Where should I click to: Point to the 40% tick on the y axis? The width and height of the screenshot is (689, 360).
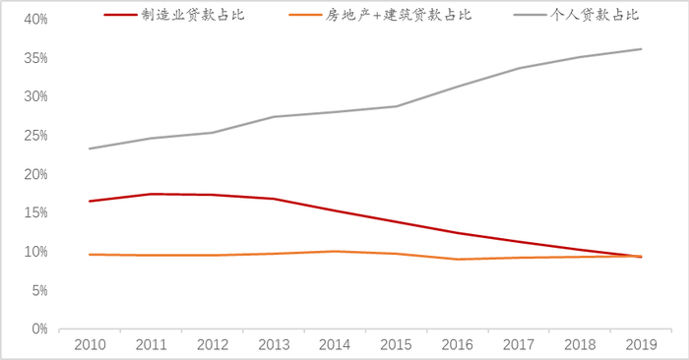pyautogui.click(x=35, y=20)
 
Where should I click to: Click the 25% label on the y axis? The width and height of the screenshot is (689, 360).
pyautogui.click(x=35, y=136)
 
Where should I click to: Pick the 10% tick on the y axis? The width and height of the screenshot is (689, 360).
pyautogui.click(x=35, y=252)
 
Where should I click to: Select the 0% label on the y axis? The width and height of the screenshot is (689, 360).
pyautogui.click(x=39, y=330)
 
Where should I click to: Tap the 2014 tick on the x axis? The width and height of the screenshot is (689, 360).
pyautogui.click(x=335, y=345)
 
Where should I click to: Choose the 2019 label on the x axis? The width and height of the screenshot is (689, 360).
pyautogui.click(x=642, y=345)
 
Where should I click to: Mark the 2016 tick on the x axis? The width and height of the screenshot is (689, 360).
pyautogui.click(x=458, y=345)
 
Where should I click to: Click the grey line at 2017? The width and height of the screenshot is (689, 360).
pyautogui.click(x=519, y=68)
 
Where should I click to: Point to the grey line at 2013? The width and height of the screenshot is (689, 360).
pyautogui.click(x=273, y=117)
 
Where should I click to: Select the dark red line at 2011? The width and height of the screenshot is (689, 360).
pyautogui.click(x=150, y=194)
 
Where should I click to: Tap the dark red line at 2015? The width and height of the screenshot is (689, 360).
pyautogui.click(x=396, y=222)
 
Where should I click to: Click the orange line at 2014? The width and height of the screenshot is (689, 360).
pyautogui.click(x=335, y=251)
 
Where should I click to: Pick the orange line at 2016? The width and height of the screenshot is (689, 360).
pyautogui.click(x=458, y=259)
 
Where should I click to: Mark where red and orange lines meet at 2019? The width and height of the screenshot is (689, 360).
pyautogui.click(x=642, y=256)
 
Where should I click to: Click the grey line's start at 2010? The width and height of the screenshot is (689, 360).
pyautogui.click(x=89, y=149)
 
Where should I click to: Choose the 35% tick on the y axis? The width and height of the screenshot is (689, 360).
pyautogui.click(x=35, y=58)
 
